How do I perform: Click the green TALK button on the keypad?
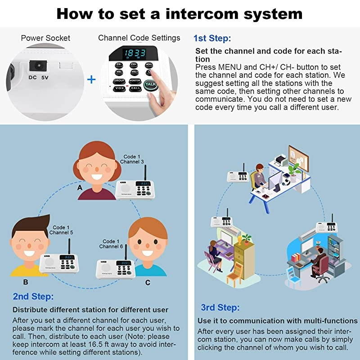150,85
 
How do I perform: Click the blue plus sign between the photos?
91,80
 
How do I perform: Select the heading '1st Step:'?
212,38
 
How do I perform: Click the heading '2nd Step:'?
33,297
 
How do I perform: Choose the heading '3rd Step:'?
220,308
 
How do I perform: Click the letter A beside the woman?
80,187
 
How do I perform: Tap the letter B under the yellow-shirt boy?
26,282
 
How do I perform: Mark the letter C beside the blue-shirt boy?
148,282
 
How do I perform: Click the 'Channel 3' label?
132,162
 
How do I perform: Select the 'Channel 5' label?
61,233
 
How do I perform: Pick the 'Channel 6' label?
111,247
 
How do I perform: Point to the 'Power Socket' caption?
45,38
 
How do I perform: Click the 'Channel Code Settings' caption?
139,38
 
